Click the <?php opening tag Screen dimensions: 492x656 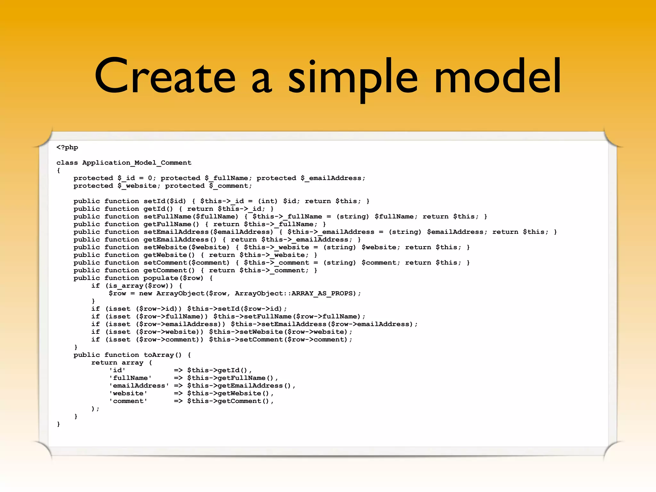coord(67,147)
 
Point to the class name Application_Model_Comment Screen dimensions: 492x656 coord(137,163)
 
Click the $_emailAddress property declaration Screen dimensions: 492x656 coord(333,178)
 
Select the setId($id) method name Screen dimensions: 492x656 coord(165,201)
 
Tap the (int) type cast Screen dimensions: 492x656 coord(268,201)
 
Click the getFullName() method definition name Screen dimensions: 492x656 coord(171,224)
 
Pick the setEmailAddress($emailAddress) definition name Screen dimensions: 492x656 coord(208,232)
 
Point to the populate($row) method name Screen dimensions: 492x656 coord(173,278)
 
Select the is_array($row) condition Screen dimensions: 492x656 coord(139,286)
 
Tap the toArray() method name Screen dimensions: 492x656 coord(162,355)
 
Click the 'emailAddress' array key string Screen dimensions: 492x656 coord(139,386)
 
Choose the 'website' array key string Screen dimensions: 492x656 coord(128,393)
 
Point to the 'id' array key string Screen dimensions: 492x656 coord(117,370)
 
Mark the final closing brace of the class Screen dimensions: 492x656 coord(58,424)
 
